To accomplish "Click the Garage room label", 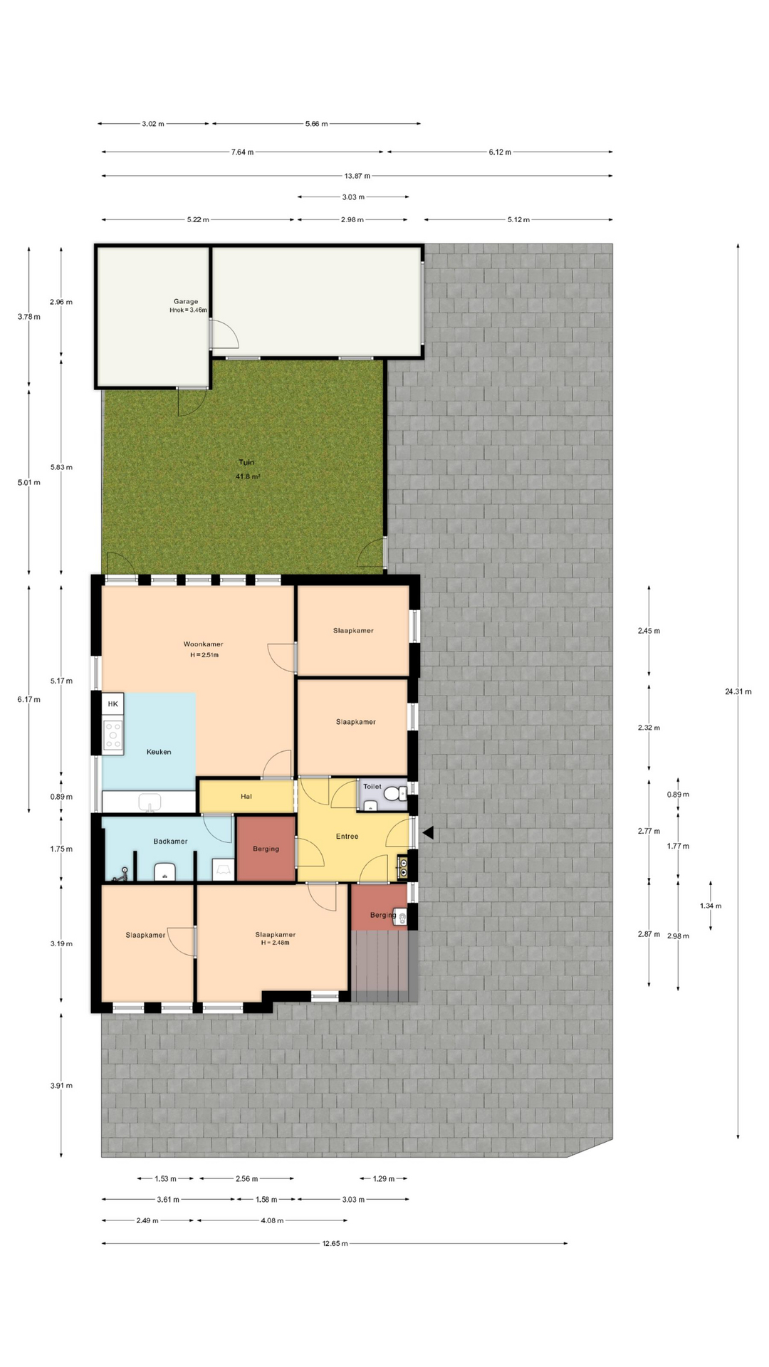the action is click(186, 301).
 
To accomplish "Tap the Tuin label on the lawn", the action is click(246, 462).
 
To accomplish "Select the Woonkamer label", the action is click(204, 644).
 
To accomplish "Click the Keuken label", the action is click(159, 752).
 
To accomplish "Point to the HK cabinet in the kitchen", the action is click(113, 704).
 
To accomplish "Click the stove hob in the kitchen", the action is click(113, 735).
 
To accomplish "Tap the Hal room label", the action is click(246, 796).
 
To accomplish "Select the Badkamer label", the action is click(170, 841).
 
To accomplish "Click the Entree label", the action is click(347, 836).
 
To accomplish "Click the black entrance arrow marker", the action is click(427, 832).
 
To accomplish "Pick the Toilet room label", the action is click(372, 786).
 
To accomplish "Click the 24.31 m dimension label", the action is click(738, 691).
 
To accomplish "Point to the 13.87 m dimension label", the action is click(357, 176).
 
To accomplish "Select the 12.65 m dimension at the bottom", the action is click(335, 1244).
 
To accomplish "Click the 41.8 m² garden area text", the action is click(247, 476).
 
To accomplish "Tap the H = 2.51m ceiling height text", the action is click(204, 655).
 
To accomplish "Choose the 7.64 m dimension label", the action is click(242, 152).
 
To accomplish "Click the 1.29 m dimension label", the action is click(383, 1179).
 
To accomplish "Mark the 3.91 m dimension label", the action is click(61, 1086).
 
